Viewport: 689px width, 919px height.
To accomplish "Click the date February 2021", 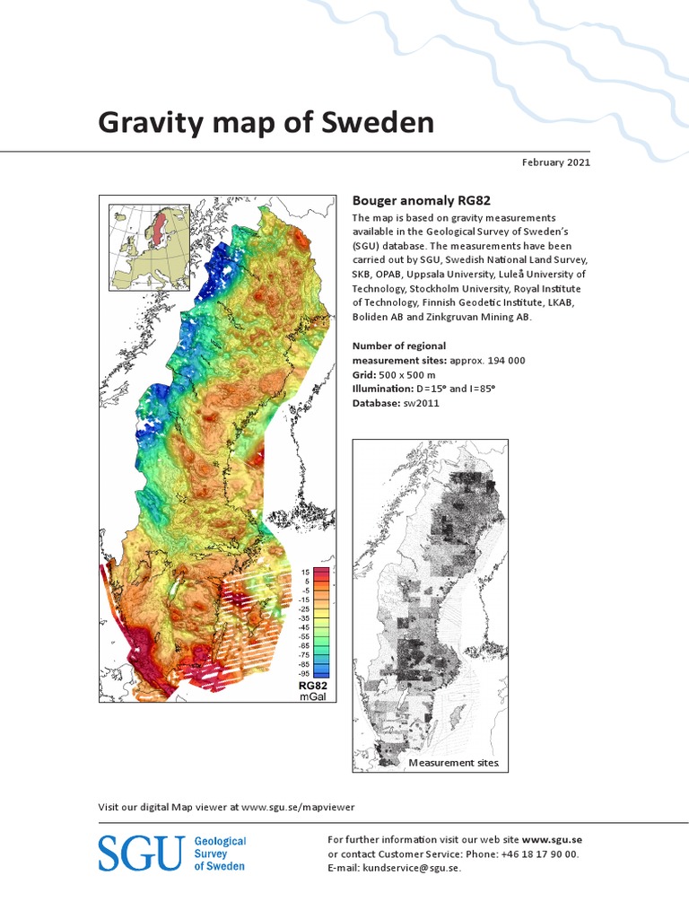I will coord(555,162).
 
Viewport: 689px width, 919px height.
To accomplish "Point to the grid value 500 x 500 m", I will coord(412,375).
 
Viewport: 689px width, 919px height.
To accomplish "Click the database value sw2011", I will coord(421,404).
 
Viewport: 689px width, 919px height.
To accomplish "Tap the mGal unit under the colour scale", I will coord(313,696).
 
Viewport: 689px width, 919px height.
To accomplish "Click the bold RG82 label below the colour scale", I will coord(313,686).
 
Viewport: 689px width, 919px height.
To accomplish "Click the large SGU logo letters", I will coord(140,853).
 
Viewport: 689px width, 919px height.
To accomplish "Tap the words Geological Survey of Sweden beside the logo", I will coord(221,853).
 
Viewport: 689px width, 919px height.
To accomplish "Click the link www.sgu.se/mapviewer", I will coord(304,807).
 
